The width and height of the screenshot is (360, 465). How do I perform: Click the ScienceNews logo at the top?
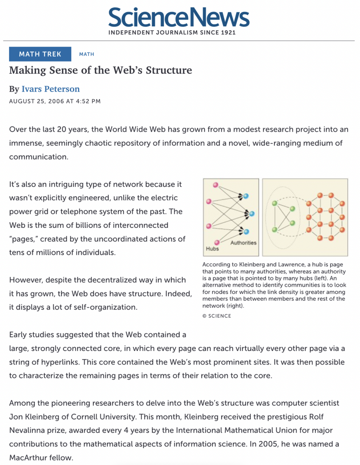coord(179,18)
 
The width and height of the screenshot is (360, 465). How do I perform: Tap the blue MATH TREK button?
coord(40,54)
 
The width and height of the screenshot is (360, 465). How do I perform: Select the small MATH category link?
coord(87,54)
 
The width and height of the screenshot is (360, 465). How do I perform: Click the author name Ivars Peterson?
coord(51,89)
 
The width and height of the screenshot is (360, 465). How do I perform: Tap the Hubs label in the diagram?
coord(212,248)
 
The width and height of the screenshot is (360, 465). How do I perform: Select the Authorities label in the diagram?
coord(243,243)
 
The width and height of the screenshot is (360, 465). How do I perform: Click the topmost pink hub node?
coord(216,185)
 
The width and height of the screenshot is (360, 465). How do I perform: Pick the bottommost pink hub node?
coord(217,242)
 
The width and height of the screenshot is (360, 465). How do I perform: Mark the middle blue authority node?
coord(252,214)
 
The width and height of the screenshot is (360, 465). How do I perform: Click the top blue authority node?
coord(246,196)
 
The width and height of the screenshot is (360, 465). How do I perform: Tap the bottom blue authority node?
coord(246,232)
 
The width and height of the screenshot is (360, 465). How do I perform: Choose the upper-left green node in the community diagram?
coord(275,203)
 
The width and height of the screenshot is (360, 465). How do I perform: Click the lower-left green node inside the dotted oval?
coord(275,229)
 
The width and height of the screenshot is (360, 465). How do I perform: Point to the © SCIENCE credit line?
coord(217,316)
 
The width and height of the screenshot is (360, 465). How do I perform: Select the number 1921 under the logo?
coord(228,33)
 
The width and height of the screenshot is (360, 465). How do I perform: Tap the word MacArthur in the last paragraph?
coord(27,457)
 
